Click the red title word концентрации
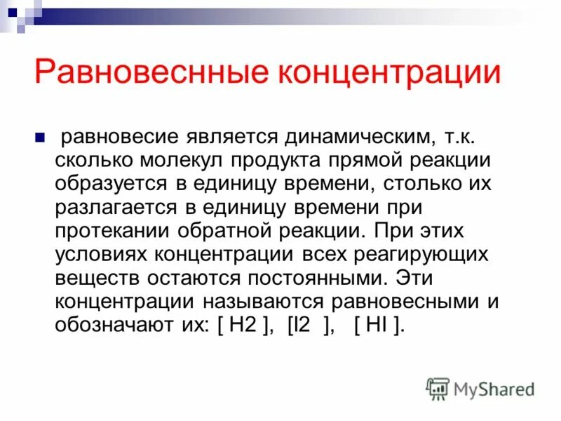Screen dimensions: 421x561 [379, 74]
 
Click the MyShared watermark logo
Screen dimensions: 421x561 [480, 389]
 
